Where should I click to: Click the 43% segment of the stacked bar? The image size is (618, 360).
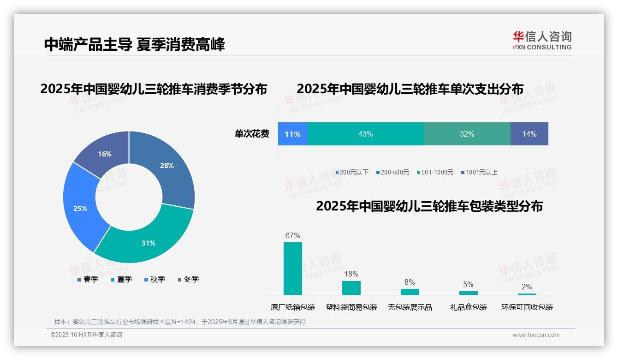(x=365, y=134)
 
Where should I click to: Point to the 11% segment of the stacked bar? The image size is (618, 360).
(x=292, y=134)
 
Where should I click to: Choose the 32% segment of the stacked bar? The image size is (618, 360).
(x=467, y=134)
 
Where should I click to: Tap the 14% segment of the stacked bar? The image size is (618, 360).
(x=529, y=134)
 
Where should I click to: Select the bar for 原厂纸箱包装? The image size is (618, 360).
(x=292, y=269)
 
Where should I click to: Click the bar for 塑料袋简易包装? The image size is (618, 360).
(x=351, y=288)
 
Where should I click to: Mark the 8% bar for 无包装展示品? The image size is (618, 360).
(x=410, y=292)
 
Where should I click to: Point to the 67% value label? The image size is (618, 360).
(x=292, y=235)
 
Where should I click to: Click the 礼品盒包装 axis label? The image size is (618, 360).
(x=468, y=307)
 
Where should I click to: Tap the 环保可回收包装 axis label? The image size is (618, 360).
(x=527, y=307)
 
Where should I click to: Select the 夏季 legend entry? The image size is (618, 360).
(x=122, y=279)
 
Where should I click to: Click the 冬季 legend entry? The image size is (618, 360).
(x=188, y=279)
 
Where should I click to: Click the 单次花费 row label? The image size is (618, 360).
(x=252, y=134)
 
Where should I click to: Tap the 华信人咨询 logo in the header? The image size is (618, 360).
(x=542, y=40)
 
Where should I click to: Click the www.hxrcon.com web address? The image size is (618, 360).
(x=536, y=335)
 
